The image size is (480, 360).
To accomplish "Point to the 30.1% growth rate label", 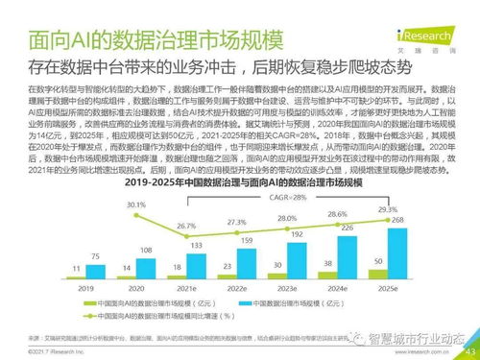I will pos(135,204).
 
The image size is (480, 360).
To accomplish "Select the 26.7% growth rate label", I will pos(188,224).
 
